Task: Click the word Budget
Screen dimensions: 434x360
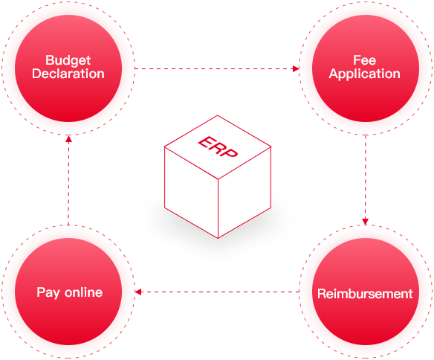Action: coord(68,61)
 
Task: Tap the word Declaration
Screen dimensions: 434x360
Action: coord(68,74)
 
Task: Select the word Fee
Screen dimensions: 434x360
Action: coord(365,60)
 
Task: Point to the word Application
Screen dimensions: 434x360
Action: coord(365,74)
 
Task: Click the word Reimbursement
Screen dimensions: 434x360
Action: coord(365,294)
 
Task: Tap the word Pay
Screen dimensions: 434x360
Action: coord(48,293)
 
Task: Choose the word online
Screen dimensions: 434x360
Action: coord(83,292)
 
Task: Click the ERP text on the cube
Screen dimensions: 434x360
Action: coord(218,147)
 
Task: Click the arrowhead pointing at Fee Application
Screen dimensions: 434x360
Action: coord(296,68)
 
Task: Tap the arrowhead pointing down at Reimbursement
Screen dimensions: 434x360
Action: coord(366,221)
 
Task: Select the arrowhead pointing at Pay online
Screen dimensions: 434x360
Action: coord(137,292)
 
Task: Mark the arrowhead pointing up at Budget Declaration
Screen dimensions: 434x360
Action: coord(68,139)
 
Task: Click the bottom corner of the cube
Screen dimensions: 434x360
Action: coord(218,238)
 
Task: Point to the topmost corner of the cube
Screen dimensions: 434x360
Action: coord(218,115)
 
